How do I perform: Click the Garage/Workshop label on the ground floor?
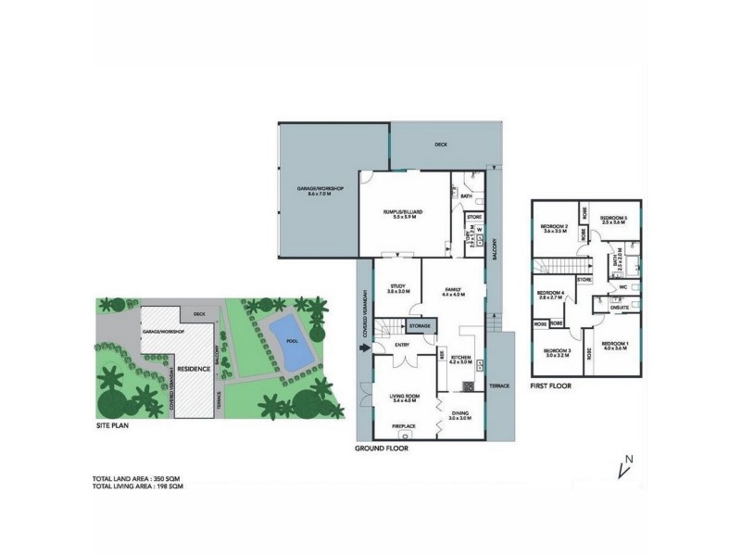click(x=320, y=191)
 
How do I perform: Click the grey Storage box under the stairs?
click(x=421, y=327)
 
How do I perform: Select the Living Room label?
click(x=405, y=398)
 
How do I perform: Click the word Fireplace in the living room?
click(x=404, y=426)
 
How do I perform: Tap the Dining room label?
click(x=460, y=416)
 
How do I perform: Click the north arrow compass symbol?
click(x=623, y=468)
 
